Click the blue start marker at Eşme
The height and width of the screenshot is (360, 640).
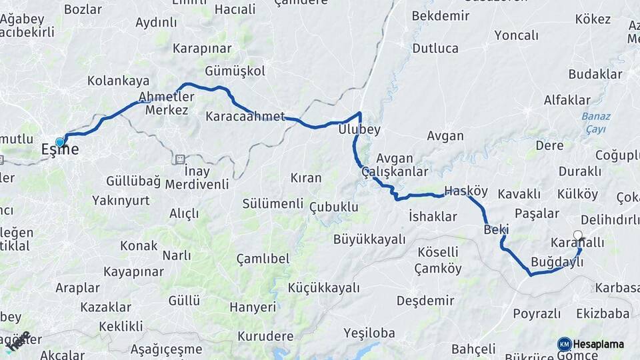[x=60, y=142]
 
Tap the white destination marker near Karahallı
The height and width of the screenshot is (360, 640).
[x=578, y=235]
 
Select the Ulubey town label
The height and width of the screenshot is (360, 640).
[x=359, y=129]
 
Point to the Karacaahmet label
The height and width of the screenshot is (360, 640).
[x=245, y=117]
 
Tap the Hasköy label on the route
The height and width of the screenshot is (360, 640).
[x=462, y=191]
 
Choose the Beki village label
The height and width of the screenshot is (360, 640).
[x=497, y=229]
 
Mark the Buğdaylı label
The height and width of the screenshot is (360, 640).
[x=557, y=262]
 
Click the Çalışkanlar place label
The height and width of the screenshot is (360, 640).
[x=395, y=172]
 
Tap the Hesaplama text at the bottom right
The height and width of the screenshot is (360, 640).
[x=599, y=344]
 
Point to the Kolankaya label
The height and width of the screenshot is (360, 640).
[x=118, y=81]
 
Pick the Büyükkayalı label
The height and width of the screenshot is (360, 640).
[x=369, y=239]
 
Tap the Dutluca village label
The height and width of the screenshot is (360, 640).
[x=435, y=48]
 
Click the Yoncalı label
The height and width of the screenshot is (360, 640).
[x=515, y=35]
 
